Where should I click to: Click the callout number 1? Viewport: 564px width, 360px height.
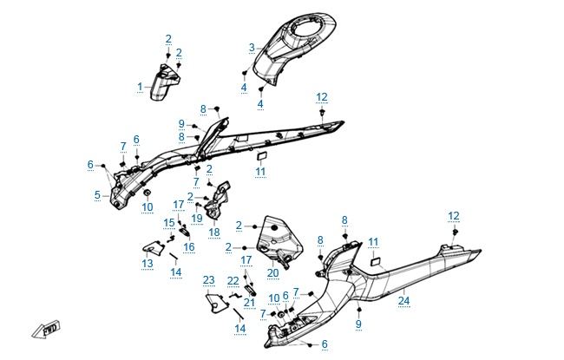(140, 87)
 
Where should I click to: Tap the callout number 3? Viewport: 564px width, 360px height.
(251, 47)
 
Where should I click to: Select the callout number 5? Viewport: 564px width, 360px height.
(97, 195)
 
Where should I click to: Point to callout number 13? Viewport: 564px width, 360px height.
(148, 263)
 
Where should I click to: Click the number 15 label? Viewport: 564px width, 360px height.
(168, 223)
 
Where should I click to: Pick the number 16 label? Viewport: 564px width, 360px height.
(188, 246)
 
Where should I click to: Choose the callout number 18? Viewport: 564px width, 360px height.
(213, 232)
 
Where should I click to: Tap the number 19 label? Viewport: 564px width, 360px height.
(197, 218)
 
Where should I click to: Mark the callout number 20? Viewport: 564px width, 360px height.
(272, 272)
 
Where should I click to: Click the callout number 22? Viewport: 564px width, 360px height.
(233, 280)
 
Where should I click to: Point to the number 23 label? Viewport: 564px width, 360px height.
(208, 279)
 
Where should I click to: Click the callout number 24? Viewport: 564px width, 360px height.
(403, 302)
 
